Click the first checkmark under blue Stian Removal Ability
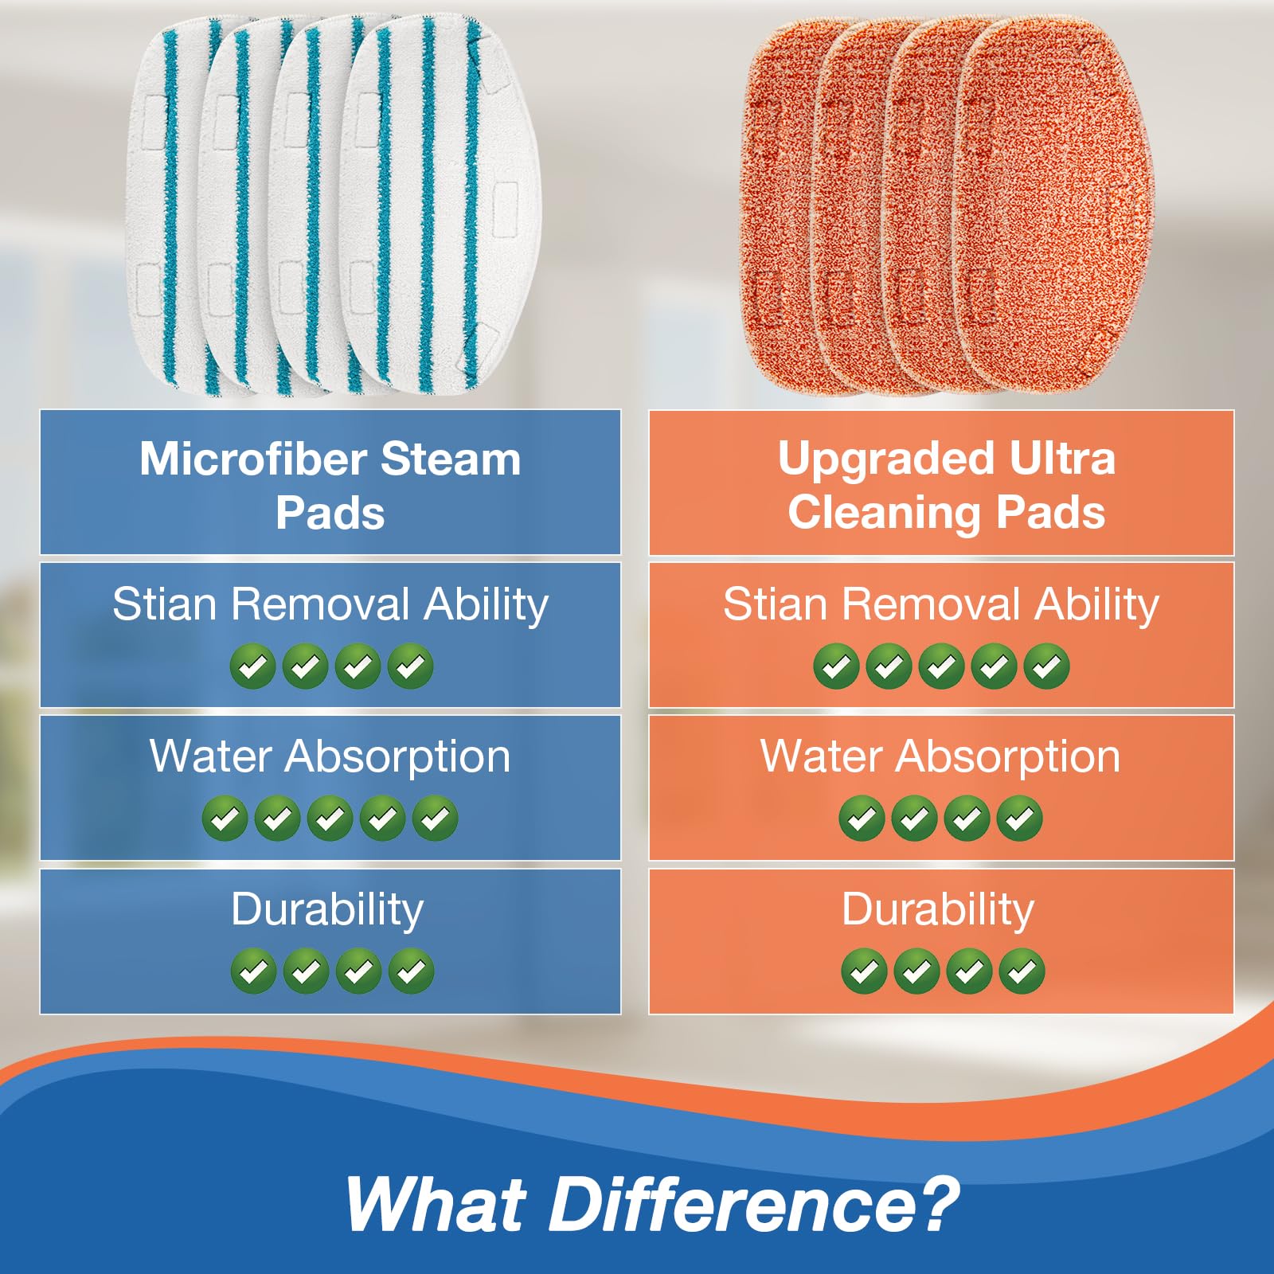pos(252,666)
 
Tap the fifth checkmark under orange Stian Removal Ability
pos(1046,666)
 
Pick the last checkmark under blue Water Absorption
pos(436,818)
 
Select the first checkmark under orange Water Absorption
pos(862,818)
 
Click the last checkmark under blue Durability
pos(411,971)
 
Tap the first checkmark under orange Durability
pos(864,971)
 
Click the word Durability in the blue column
pos(327,909)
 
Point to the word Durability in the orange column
pos(938,909)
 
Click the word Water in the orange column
pos(820,756)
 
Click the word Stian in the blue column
pos(164,604)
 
